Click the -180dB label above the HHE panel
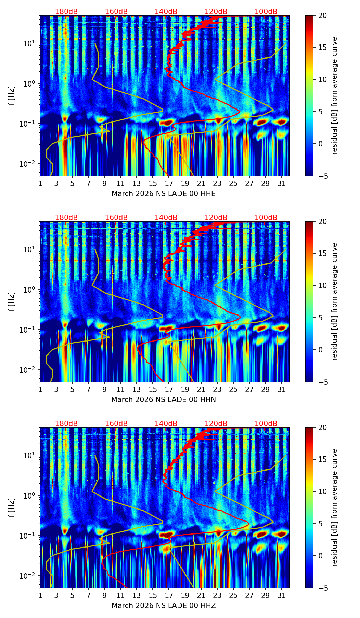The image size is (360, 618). [x=65, y=12]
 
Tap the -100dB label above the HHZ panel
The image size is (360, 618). [x=265, y=424]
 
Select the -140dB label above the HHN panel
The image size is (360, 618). [x=165, y=218]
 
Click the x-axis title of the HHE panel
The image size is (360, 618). [x=164, y=194]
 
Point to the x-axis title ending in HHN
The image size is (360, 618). [x=164, y=400]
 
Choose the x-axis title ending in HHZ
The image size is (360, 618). [x=164, y=606]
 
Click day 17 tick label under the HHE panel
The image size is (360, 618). [x=169, y=184]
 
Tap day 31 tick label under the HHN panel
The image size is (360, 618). [x=282, y=390]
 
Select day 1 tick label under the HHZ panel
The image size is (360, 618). [x=40, y=596]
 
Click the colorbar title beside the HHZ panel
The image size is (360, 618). [x=334, y=507]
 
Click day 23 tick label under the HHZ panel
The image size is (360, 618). [x=217, y=596]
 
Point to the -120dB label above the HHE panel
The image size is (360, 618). [x=215, y=12]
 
